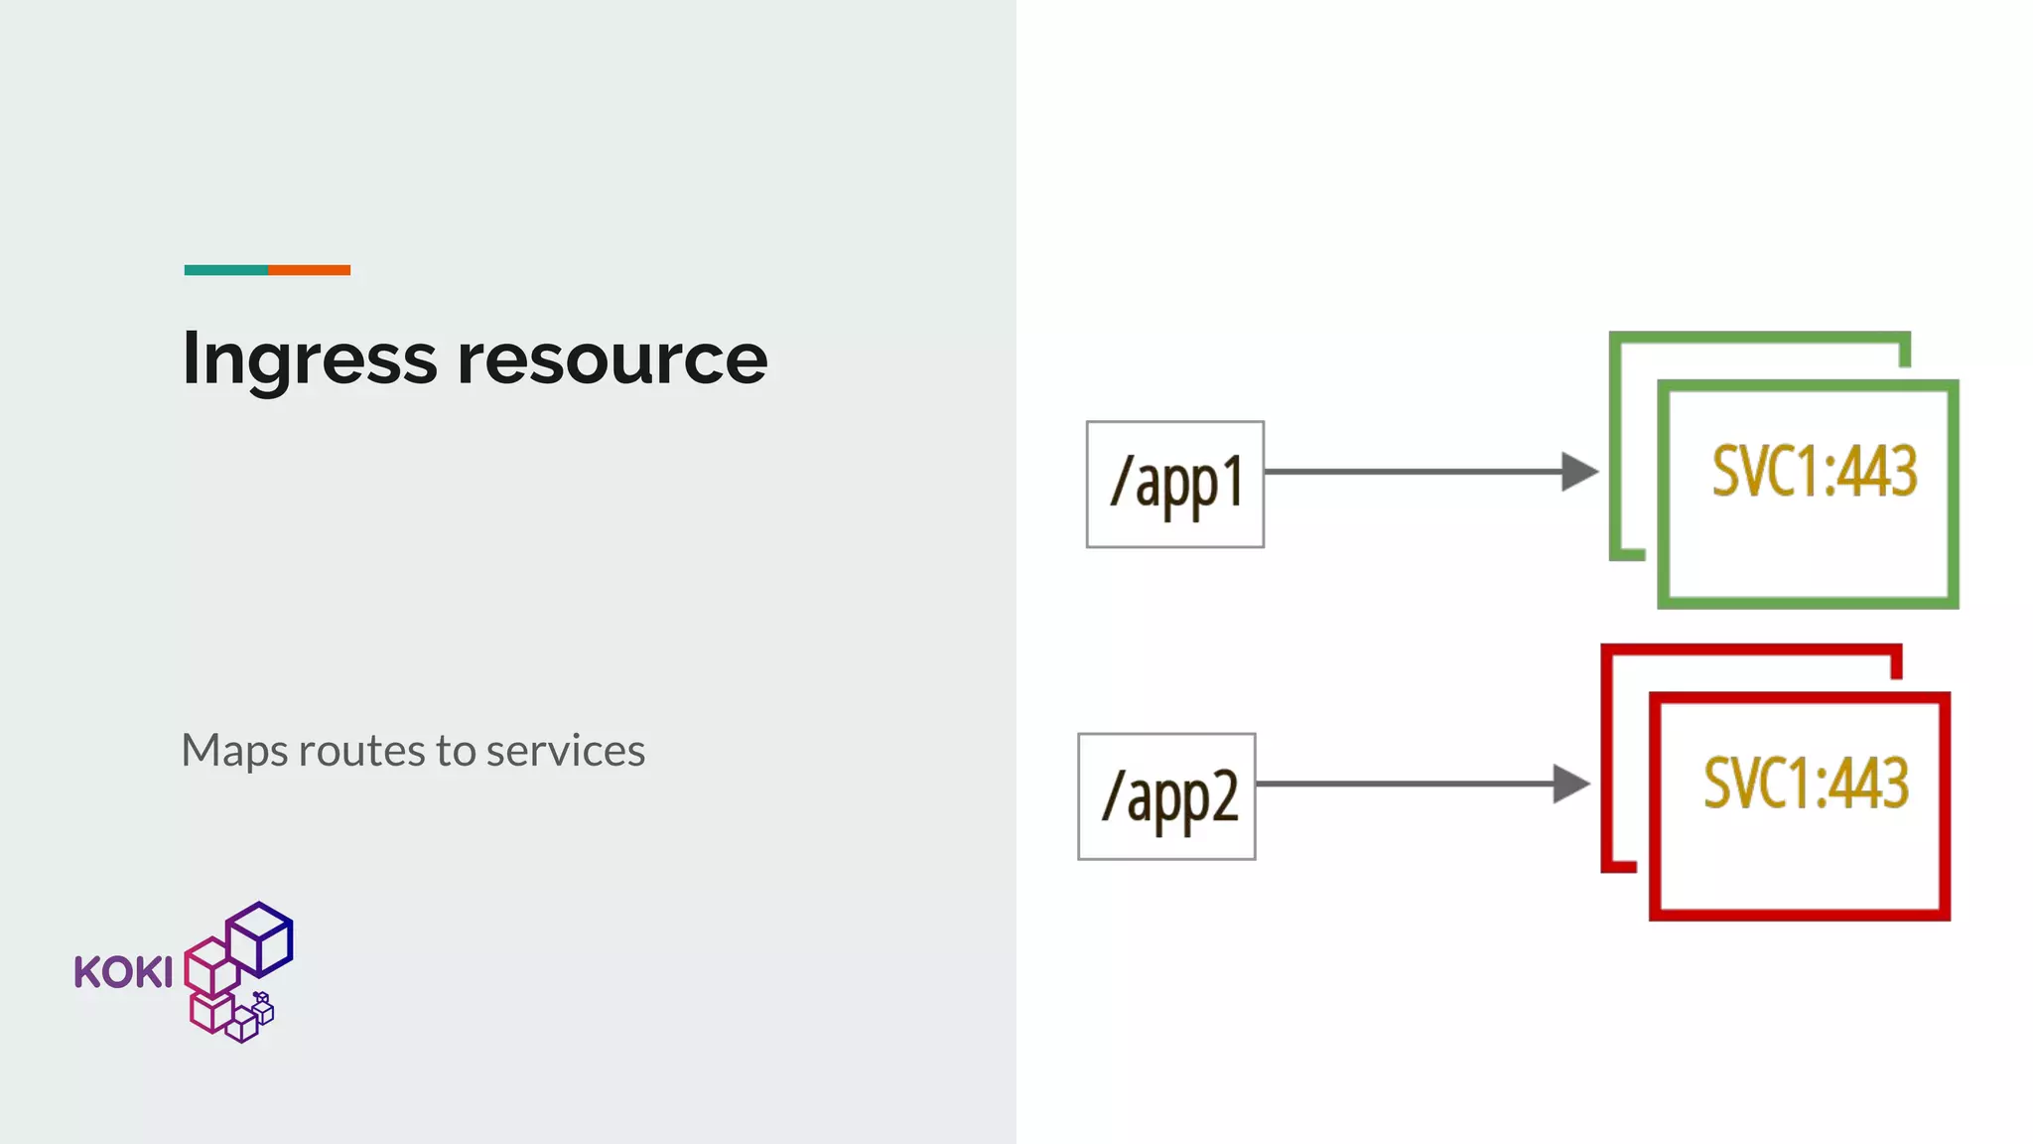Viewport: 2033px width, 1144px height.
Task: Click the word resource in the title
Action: (611, 359)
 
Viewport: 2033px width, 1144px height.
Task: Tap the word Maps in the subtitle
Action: (234, 752)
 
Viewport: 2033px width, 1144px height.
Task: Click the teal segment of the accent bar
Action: (226, 270)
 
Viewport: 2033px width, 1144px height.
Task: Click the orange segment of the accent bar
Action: (309, 270)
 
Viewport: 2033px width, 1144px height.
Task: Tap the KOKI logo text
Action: (123, 973)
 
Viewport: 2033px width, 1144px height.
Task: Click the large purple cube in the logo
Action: (260, 938)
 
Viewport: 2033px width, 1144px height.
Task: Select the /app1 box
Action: (1175, 485)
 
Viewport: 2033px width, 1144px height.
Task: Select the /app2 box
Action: (1166, 796)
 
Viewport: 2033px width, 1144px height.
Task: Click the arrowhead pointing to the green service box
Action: (1578, 472)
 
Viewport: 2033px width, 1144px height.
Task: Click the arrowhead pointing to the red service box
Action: (1570, 784)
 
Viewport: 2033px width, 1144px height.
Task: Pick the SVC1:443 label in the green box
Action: (1815, 471)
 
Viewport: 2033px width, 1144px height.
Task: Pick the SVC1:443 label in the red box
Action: (1807, 784)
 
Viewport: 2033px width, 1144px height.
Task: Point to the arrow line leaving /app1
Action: (1410, 472)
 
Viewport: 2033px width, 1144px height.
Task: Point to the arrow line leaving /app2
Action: (1402, 784)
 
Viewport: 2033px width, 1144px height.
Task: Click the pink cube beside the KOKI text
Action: (209, 965)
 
